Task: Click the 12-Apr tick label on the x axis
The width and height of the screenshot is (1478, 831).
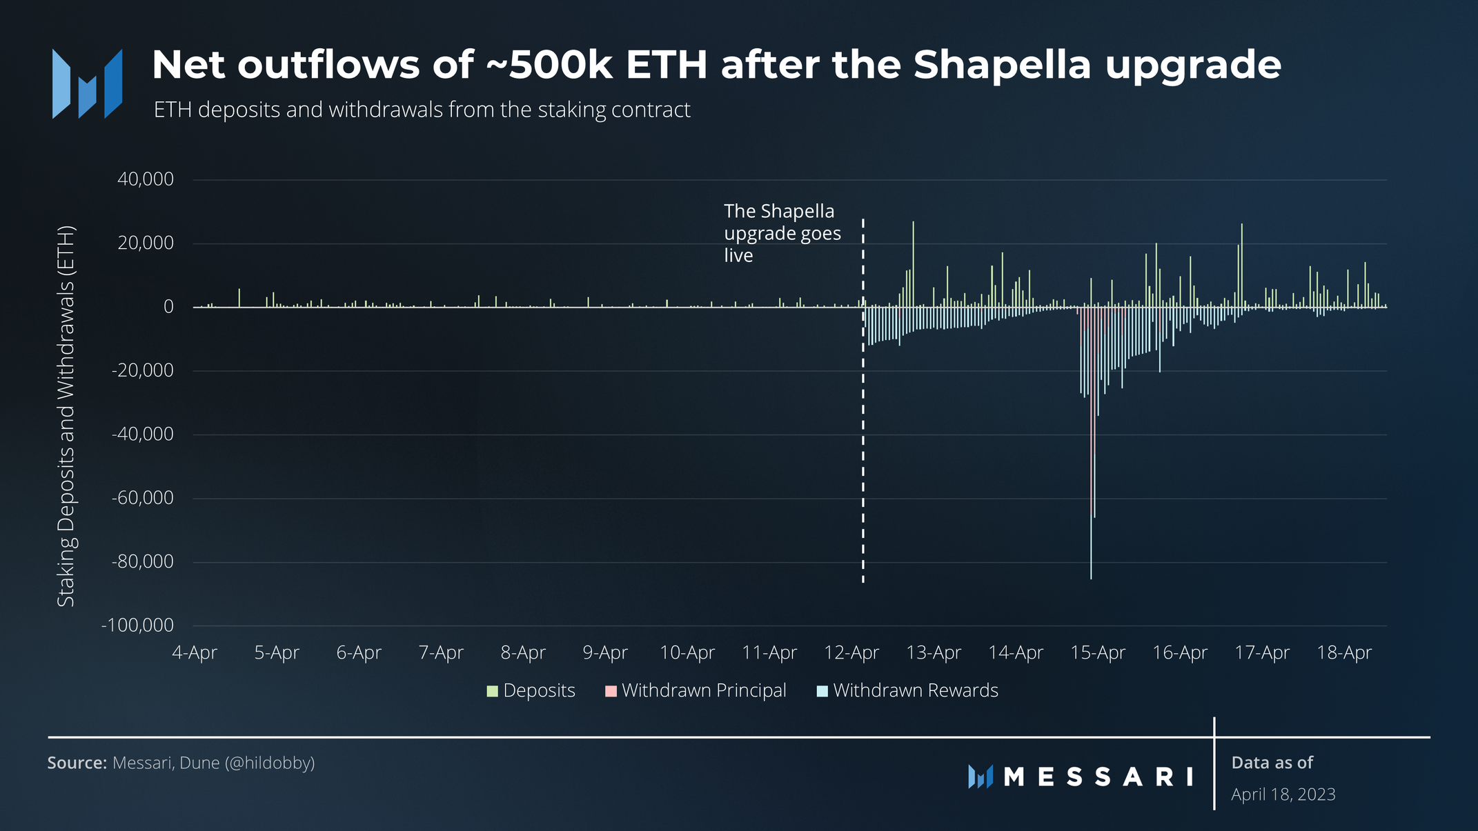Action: coord(851,652)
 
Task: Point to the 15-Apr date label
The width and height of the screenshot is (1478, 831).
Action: coord(1097,652)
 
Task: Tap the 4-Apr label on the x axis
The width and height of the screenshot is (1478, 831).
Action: coord(194,652)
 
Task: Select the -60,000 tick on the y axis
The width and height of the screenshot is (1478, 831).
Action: coord(142,498)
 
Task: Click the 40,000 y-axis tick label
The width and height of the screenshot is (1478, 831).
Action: coord(145,179)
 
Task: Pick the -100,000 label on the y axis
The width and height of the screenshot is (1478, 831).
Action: coord(137,625)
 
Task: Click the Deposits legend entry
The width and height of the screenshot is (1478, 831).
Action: coord(531,690)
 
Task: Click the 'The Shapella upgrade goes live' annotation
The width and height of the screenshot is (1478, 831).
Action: coord(782,233)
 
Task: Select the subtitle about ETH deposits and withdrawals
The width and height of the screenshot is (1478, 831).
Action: coord(422,110)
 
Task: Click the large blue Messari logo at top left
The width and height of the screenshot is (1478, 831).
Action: coord(88,83)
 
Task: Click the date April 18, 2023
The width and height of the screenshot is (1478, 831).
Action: coord(1283,794)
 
